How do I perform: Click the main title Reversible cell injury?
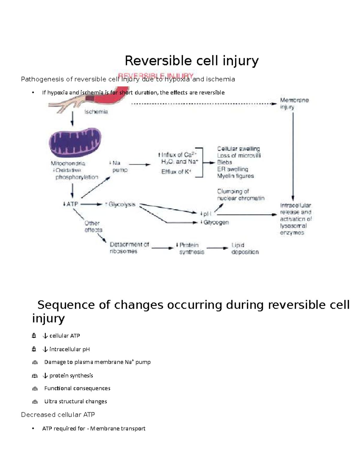(191, 61)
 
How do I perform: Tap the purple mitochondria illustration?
(75, 142)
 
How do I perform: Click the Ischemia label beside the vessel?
(96, 112)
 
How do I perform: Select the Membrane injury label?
(294, 104)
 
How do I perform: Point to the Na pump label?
(119, 167)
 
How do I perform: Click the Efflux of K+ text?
(176, 172)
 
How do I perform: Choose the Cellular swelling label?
(238, 149)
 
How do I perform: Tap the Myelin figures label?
(235, 176)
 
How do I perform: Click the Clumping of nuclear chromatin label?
(241, 195)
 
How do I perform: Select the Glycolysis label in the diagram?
(121, 205)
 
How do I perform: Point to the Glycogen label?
(216, 223)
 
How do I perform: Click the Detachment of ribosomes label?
(129, 248)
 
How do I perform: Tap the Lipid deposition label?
(244, 249)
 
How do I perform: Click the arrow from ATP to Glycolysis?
(91, 204)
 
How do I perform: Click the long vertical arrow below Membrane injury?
(293, 156)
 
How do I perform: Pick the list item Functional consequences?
(77, 388)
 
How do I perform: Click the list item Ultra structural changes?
(75, 401)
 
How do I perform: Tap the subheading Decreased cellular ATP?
(58, 415)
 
